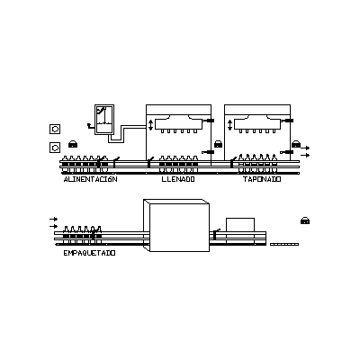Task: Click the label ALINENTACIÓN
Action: click(90, 179)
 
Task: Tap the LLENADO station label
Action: click(178, 179)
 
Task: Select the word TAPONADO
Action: click(262, 179)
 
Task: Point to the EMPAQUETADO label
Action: click(89, 253)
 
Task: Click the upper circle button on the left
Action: click(55, 129)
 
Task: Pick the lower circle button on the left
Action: click(55, 148)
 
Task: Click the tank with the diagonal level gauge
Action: click(104, 120)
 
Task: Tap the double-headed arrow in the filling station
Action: click(150, 125)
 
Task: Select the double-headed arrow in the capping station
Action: click(229, 125)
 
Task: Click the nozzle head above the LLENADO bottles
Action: click(179, 124)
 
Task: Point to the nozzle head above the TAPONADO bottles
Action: click(257, 124)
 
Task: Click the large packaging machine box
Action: click(176, 225)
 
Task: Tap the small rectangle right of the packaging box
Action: click(240, 225)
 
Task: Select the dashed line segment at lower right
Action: click(284, 244)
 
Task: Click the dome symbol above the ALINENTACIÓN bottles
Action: click(73, 144)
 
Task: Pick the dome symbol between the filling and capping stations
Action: click(218, 144)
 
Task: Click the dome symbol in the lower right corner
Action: click(305, 220)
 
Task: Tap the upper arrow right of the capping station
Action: click(305, 148)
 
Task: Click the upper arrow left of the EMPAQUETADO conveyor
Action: click(54, 219)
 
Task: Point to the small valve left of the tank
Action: click(90, 125)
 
